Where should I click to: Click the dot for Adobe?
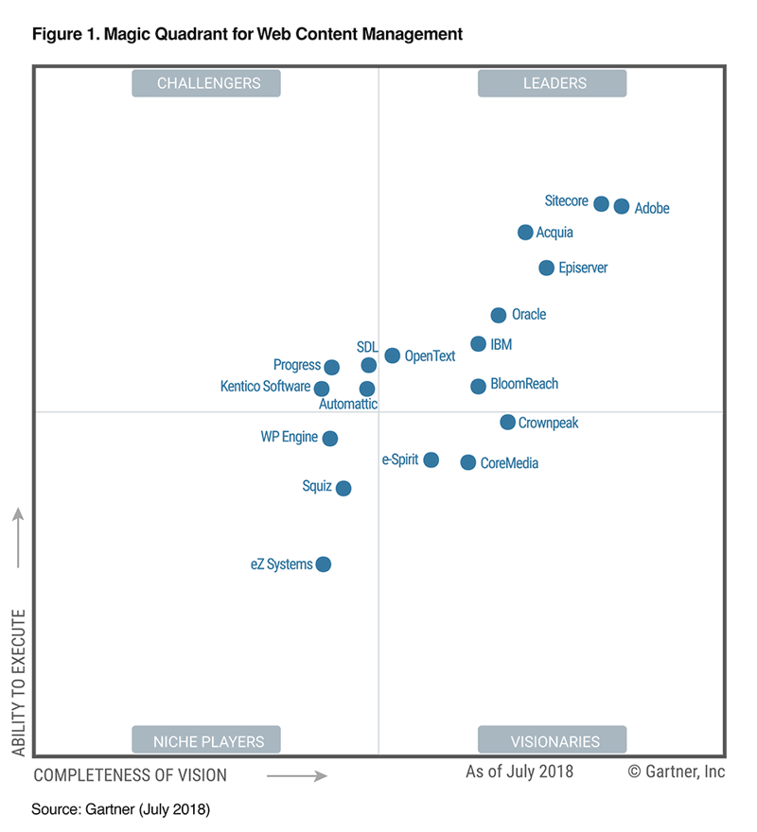click(x=621, y=206)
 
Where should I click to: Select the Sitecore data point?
click(x=601, y=203)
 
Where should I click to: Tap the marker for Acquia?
click(x=525, y=233)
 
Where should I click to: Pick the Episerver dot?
click(x=546, y=269)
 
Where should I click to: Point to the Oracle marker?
click(x=498, y=315)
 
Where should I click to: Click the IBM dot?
click(x=478, y=344)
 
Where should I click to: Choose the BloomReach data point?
click(x=478, y=386)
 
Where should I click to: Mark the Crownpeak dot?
click(x=507, y=423)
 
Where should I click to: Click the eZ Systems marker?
click(x=323, y=564)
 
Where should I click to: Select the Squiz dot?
click(x=343, y=488)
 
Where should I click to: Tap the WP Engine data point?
click(x=329, y=438)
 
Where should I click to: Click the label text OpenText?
click(x=430, y=356)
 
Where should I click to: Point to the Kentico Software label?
click(x=265, y=387)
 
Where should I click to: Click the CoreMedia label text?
click(x=509, y=463)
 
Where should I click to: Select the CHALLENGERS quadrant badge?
click(x=208, y=83)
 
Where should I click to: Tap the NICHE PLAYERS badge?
click(x=208, y=741)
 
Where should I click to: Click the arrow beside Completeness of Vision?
click(x=297, y=775)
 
